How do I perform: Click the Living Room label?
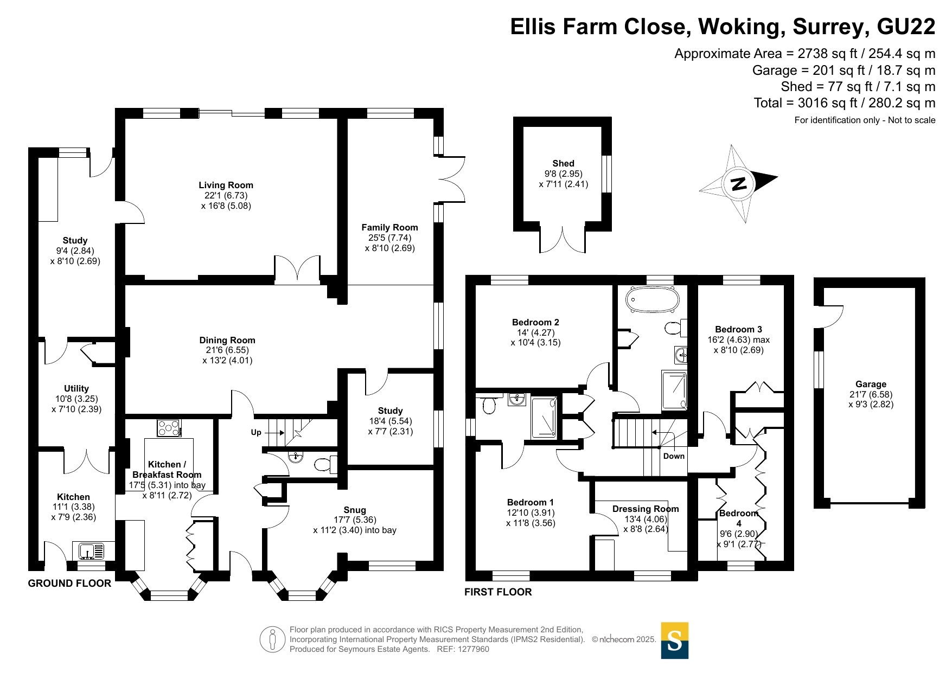(226, 185)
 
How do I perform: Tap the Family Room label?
(389, 227)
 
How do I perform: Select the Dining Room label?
(227, 340)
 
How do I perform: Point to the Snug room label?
(355, 510)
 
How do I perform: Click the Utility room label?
(76, 388)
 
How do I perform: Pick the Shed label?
(563, 163)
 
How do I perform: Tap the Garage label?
(871, 384)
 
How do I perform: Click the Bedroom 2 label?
(535, 322)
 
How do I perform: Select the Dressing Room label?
(646, 509)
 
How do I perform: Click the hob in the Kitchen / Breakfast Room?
(169, 428)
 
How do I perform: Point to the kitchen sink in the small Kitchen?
(91, 552)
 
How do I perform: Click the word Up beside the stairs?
(256, 432)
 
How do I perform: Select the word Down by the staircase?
(674, 456)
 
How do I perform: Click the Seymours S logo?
(675, 640)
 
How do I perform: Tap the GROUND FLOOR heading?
(69, 584)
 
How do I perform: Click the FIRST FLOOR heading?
(498, 592)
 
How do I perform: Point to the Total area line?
(845, 103)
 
